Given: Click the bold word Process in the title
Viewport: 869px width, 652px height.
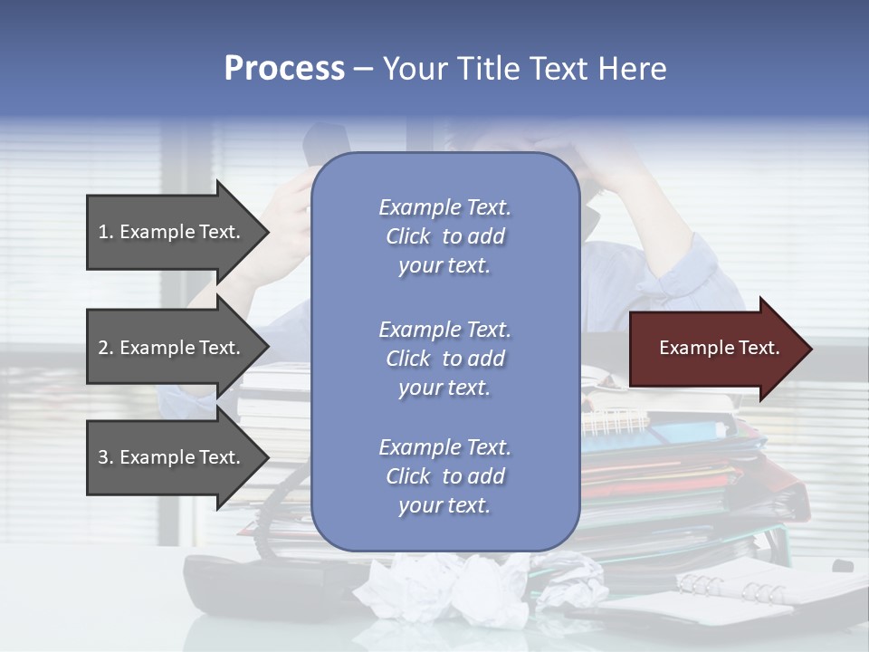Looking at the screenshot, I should (284, 69).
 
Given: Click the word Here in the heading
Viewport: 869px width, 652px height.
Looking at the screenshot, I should (631, 69).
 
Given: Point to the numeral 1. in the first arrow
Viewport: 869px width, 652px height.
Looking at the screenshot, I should (105, 232).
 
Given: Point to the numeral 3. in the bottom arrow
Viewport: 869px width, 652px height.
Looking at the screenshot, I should (105, 457).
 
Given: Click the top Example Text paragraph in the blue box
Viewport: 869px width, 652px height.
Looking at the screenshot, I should (444, 236).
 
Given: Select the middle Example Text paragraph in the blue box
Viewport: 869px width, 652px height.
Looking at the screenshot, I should (444, 359).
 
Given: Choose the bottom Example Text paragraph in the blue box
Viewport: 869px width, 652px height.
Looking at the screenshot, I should (444, 476).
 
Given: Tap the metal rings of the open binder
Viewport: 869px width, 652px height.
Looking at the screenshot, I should (733, 589).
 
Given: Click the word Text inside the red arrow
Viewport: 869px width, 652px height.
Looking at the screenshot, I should (758, 348).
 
